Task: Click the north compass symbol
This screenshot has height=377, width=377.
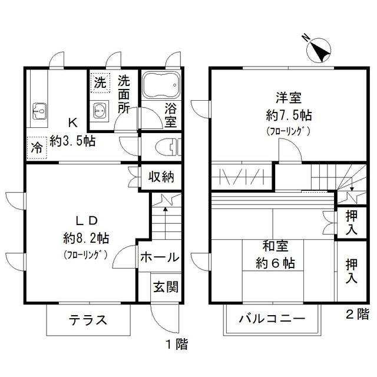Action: [x=319, y=51]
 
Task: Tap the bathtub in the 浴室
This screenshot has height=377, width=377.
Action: [x=161, y=85]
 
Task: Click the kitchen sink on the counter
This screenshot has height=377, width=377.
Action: [x=39, y=111]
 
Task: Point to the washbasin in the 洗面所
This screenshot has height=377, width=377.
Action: [x=101, y=110]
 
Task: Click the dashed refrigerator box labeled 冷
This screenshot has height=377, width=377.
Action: [x=37, y=148]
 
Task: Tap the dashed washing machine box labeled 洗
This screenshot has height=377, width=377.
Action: [x=100, y=82]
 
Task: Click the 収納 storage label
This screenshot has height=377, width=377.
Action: [x=161, y=177]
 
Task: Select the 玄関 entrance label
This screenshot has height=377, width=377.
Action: [x=166, y=287]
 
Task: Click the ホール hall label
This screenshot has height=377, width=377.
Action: [x=160, y=257]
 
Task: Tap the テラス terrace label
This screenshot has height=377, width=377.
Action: [x=88, y=320]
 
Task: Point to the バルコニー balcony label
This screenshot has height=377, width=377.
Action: [x=272, y=319]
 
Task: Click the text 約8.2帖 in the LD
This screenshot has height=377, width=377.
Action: [x=86, y=239]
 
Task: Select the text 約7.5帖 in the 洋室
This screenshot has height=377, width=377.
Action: [x=289, y=115]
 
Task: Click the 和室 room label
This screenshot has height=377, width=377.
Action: [x=275, y=246]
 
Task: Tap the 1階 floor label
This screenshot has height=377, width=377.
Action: [x=177, y=344]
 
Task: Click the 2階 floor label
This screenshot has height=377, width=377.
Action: [x=358, y=313]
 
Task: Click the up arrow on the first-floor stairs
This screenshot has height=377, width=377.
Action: [x=165, y=223]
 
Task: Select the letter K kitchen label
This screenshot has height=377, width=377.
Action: [x=73, y=123]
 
